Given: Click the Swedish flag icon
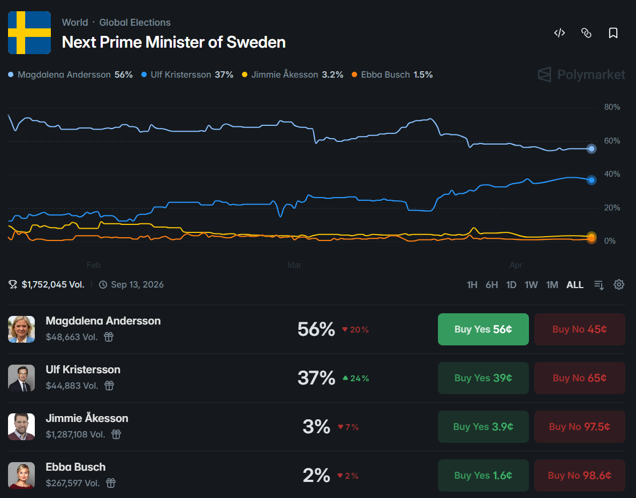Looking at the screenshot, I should tap(29, 33).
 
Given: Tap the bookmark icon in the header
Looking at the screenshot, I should tap(613, 33).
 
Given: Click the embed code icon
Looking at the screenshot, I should tap(559, 33).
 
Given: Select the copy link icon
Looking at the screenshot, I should tap(586, 33).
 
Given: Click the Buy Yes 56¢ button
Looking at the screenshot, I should tap(483, 329).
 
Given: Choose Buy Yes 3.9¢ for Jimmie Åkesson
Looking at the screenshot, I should tap(483, 427).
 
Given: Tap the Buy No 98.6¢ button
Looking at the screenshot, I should tap(579, 476).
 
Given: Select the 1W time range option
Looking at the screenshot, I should tap(531, 285).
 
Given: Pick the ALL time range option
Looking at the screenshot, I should tap(574, 285).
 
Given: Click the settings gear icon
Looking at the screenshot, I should tap(619, 284).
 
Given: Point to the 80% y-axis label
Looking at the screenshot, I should tap(612, 107).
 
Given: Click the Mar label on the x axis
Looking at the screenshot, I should tap(294, 265).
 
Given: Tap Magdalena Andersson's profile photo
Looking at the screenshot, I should tap(21, 329).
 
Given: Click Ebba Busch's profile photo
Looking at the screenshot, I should tap(21, 476).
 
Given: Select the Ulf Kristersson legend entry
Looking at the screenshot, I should tap(187, 75).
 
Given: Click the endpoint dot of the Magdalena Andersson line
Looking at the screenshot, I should tap(592, 149).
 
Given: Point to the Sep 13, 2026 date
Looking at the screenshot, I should tap(137, 285).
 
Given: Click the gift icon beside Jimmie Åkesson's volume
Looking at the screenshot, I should tap(116, 434).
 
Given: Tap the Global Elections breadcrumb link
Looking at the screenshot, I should tap(135, 22).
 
